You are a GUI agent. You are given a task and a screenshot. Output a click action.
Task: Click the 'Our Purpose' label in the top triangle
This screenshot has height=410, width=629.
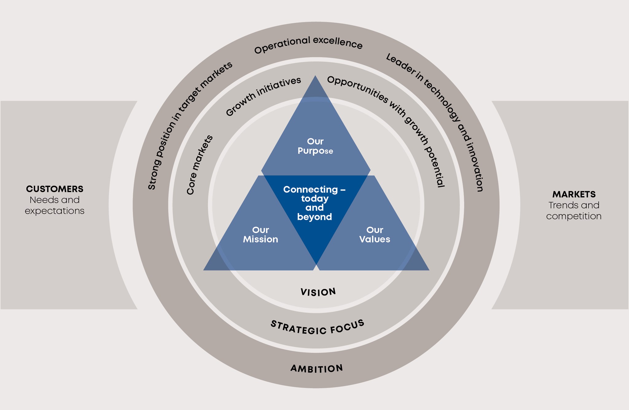coord(315,146)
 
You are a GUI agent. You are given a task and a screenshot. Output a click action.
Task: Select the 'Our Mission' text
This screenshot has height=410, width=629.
coord(260,235)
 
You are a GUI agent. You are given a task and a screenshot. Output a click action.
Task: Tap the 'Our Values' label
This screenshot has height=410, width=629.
coord(375,235)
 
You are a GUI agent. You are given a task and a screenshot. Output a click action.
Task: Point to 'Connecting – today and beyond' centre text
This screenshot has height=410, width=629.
coord(314,203)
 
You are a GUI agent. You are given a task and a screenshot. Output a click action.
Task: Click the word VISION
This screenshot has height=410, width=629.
coord(318,292)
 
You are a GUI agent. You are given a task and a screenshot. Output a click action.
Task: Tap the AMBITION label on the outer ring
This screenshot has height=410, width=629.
coord(317,368)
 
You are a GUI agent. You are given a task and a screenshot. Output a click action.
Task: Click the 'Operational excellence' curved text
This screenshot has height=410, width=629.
coord(308,44)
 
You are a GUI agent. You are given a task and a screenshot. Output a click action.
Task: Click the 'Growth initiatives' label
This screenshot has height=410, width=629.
coord(263,96)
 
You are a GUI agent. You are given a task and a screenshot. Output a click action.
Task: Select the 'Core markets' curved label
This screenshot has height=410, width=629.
coord(200,164)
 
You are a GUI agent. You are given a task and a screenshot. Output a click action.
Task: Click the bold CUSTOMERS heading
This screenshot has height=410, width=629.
coord(55,189)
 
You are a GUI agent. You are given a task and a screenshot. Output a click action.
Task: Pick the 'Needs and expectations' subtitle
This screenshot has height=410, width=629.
coord(55,205)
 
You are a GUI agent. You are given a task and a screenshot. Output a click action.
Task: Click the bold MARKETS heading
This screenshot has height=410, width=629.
coord(574,194)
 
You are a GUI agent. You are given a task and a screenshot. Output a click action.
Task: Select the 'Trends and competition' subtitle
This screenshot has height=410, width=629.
coord(574,211)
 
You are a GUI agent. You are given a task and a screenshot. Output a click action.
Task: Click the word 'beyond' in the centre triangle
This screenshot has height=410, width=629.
coord(314,217)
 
